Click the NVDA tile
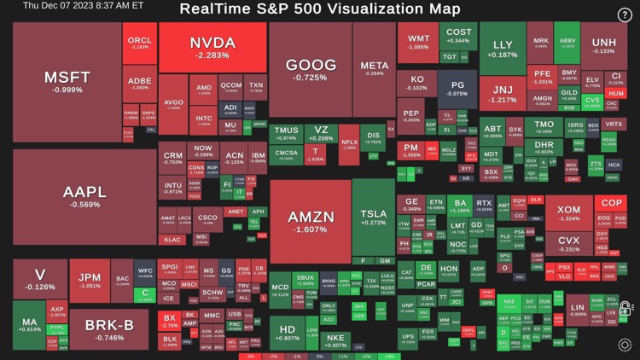click(x=212, y=48)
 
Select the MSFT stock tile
click(x=67, y=82)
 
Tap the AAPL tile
click(x=84, y=196)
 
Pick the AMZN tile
click(x=310, y=221)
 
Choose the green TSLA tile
click(x=373, y=218)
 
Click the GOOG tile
click(x=310, y=70)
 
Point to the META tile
click(x=374, y=69)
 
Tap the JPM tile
click(x=90, y=281)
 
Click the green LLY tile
click(x=503, y=49)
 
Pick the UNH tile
click(x=603, y=45)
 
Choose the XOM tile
click(x=568, y=213)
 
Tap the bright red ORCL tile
click(x=139, y=43)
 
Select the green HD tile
click(x=288, y=333)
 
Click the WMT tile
click(x=418, y=43)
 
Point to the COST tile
click(x=458, y=37)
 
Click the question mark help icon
click(x=625, y=15)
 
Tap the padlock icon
click(x=625, y=309)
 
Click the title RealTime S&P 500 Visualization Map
click(x=320, y=9)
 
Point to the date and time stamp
click(x=72, y=6)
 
